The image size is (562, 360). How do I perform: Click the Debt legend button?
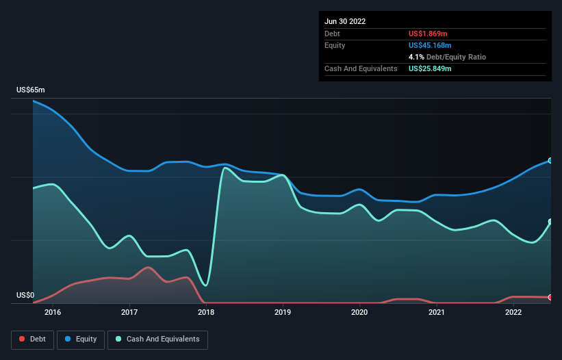tap(33, 339)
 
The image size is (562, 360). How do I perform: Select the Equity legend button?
tap(81, 339)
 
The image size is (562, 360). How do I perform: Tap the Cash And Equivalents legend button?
tap(157, 339)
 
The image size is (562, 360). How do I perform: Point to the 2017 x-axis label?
tap(129, 313)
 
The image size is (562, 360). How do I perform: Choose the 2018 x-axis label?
tap(206, 313)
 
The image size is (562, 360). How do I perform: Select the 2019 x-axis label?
tap(283, 313)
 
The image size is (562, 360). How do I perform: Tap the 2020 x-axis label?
tap(359, 313)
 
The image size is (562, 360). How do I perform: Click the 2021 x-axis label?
tap(437, 313)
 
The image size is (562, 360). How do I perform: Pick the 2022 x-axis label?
tap(513, 313)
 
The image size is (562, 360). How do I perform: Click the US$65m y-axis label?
tap(31, 90)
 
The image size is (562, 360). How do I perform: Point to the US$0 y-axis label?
tap(26, 296)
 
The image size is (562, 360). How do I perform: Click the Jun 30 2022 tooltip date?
tap(345, 21)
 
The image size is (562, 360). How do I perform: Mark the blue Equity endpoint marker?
tap(550, 161)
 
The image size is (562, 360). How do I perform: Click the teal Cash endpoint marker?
tap(550, 222)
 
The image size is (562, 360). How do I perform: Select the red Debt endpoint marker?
tap(550, 298)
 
